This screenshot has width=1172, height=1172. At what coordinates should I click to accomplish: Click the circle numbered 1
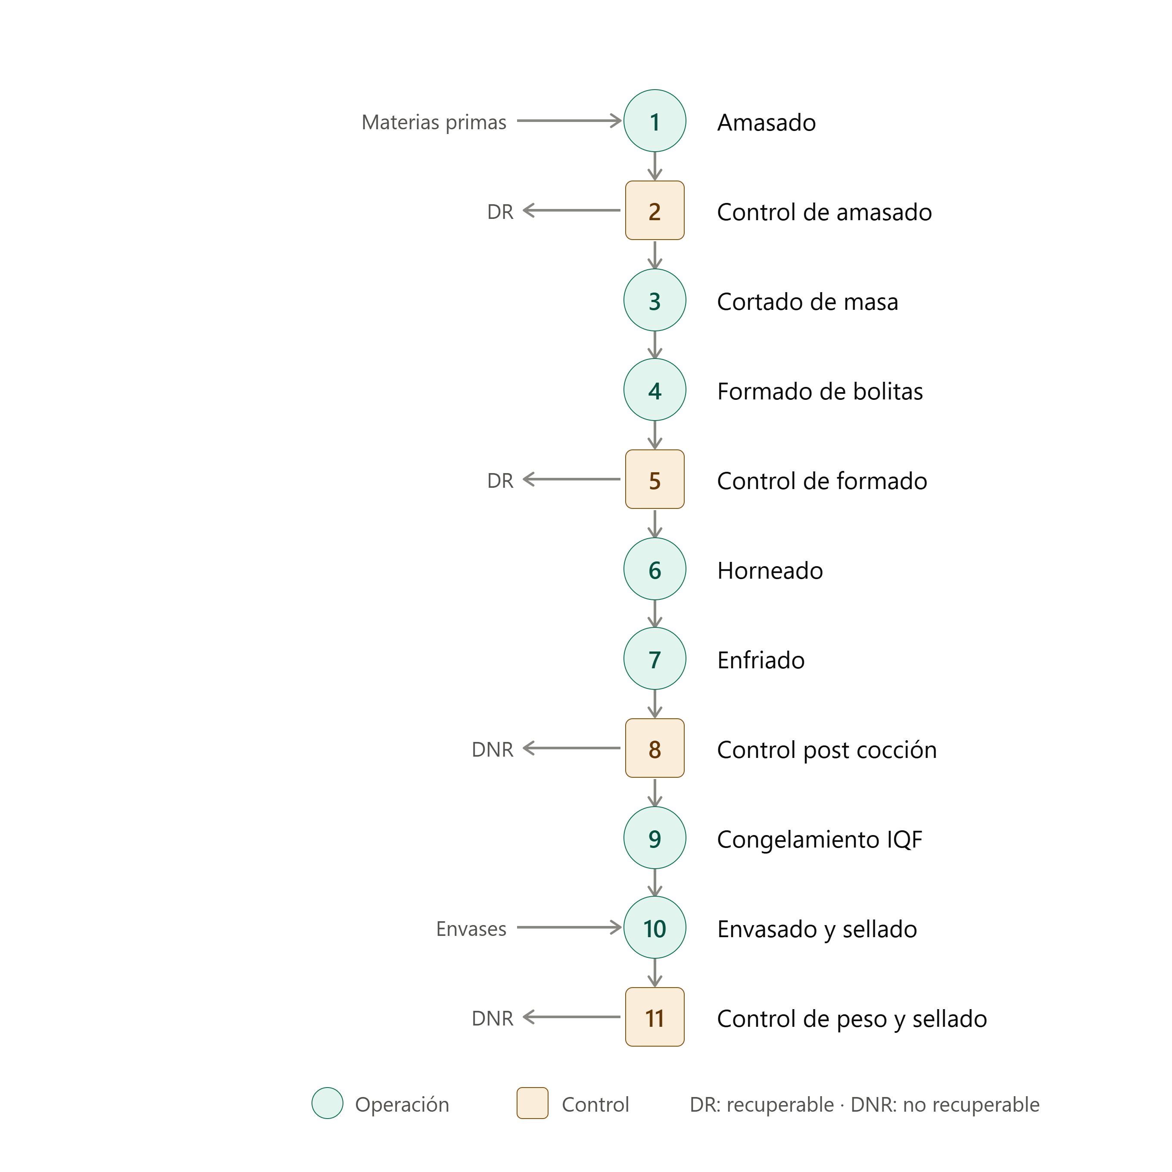[x=655, y=121]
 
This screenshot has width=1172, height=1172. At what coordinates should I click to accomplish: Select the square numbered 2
[x=655, y=211]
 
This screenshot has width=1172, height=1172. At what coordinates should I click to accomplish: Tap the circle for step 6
[x=655, y=569]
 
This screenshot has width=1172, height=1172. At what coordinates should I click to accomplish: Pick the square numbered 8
[x=655, y=748]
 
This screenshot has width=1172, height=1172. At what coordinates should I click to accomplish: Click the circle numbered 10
[x=655, y=928]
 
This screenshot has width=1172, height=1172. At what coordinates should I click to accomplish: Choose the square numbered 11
[x=655, y=1017]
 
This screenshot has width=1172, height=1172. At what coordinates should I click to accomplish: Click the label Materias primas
[x=434, y=122]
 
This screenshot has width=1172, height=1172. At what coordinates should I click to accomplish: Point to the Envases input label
[x=471, y=929]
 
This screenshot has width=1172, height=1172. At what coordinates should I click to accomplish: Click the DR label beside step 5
[x=500, y=480]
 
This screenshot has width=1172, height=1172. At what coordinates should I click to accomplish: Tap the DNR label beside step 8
[x=492, y=749]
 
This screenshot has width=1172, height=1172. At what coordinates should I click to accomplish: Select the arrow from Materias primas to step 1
[x=570, y=121]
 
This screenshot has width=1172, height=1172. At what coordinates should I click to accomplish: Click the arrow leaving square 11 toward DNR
[x=571, y=1017]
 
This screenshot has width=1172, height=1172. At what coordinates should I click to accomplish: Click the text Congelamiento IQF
[x=820, y=839]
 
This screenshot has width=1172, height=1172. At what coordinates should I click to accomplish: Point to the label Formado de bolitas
[x=820, y=391]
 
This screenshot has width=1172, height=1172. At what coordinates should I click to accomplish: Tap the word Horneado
[x=770, y=571]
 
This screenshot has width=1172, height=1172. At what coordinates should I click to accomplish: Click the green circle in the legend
[x=327, y=1103]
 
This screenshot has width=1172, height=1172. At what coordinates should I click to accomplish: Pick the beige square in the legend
[x=533, y=1103]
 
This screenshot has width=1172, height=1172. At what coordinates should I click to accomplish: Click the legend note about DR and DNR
[x=864, y=1105]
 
